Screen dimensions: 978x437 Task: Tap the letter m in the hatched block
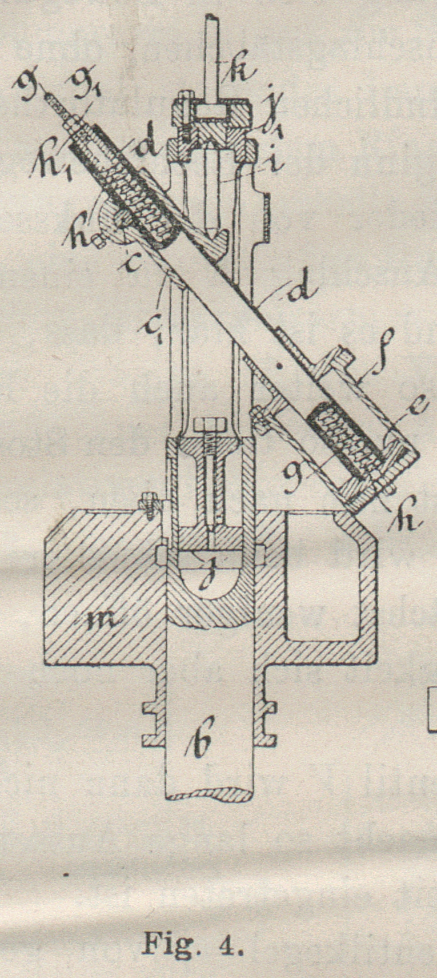[102, 620]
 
